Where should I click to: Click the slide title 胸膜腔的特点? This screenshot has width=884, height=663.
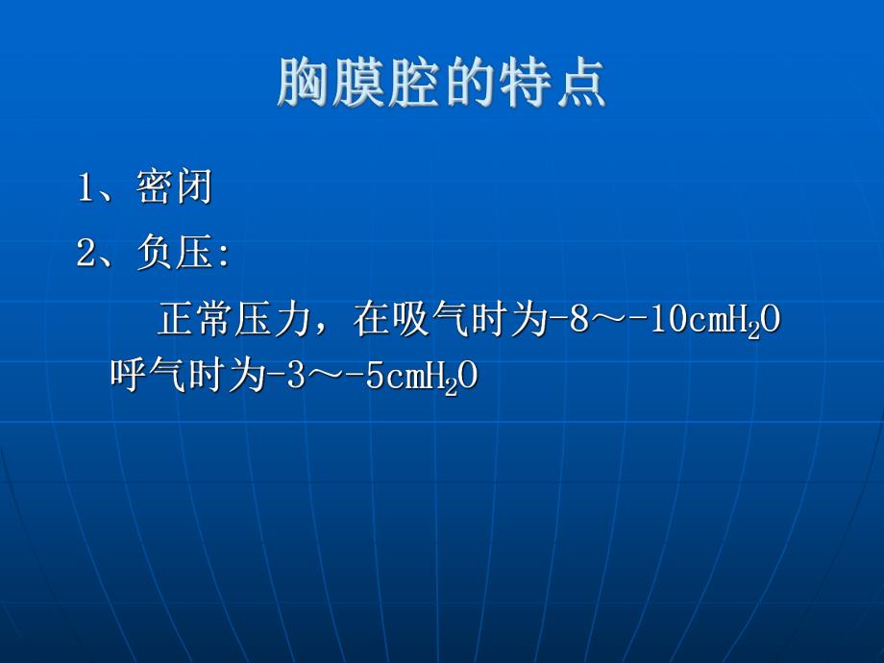(x=442, y=83)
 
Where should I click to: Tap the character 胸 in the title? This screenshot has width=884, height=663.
(x=304, y=83)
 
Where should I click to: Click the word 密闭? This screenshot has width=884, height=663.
(x=174, y=188)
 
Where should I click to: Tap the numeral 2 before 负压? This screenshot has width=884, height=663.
(x=86, y=255)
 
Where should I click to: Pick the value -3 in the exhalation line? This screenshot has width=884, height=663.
(x=276, y=376)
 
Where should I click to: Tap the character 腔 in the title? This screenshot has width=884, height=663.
(x=413, y=83)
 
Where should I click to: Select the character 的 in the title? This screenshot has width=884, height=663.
(x=468, y=83)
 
